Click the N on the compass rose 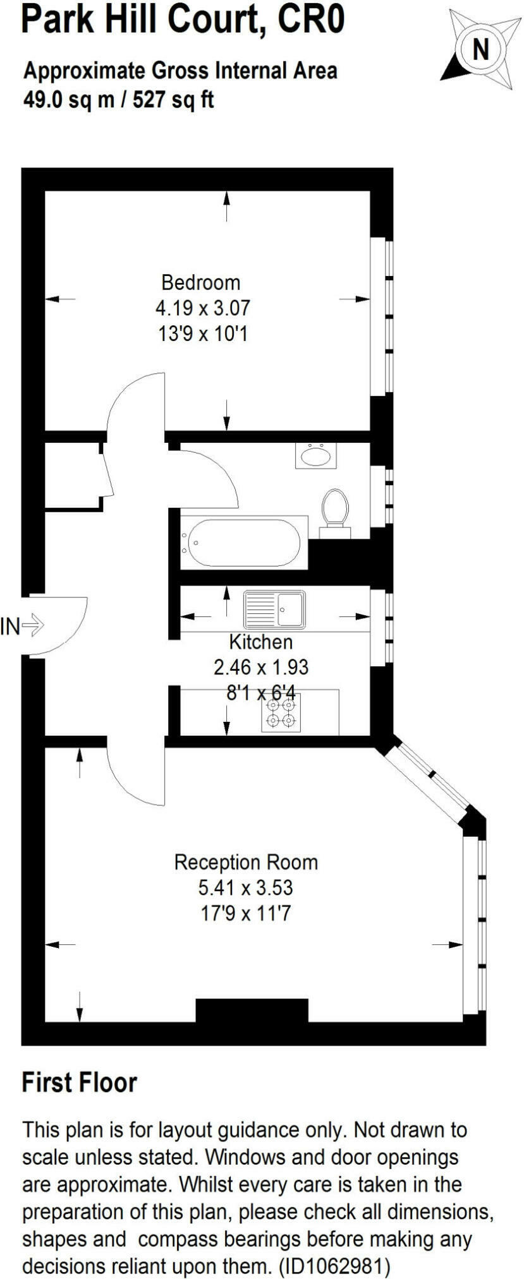[481, 49]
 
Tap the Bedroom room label [200, 282]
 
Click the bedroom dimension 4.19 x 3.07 [202, 308]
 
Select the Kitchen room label [260, 642]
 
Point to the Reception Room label [245, 862]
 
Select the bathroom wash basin [315, 455]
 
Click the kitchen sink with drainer [274, 609]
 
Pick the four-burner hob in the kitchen [281, 713]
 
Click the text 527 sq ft [173, 99]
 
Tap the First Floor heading [79, 1083]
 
